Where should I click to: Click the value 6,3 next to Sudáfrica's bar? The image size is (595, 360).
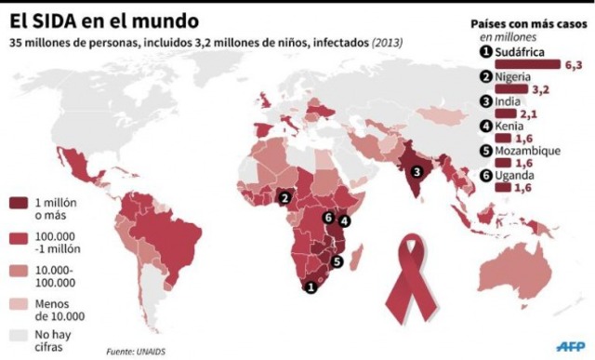pyautogui.click(x=574, y=65)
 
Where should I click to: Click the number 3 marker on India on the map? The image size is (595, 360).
pyautogui.click(x=416, y=171)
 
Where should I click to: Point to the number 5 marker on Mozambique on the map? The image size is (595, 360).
pyautogui.click(x=337, y=261)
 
